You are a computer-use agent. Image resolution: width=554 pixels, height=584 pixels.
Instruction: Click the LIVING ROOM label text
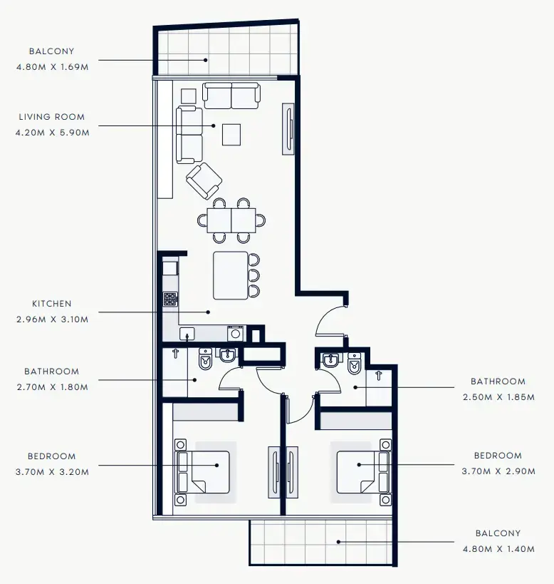point(51,117)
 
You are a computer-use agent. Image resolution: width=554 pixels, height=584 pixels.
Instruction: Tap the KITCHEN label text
point(51,304)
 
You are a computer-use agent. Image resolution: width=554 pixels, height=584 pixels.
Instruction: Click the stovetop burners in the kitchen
point(170,299)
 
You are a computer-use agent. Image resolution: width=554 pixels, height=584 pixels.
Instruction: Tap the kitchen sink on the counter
point(187,334)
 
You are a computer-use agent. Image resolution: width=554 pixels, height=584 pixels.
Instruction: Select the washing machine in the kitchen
point(236,333)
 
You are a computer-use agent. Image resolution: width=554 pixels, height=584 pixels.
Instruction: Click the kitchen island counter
point(231,275)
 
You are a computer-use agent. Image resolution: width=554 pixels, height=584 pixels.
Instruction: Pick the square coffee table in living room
point(231,134)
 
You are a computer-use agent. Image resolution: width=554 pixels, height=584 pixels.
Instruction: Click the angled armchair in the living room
point(204,181)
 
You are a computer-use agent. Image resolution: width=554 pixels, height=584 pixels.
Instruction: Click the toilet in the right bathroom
point(354,364)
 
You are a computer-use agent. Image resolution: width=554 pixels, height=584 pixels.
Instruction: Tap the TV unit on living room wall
point(288,129)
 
